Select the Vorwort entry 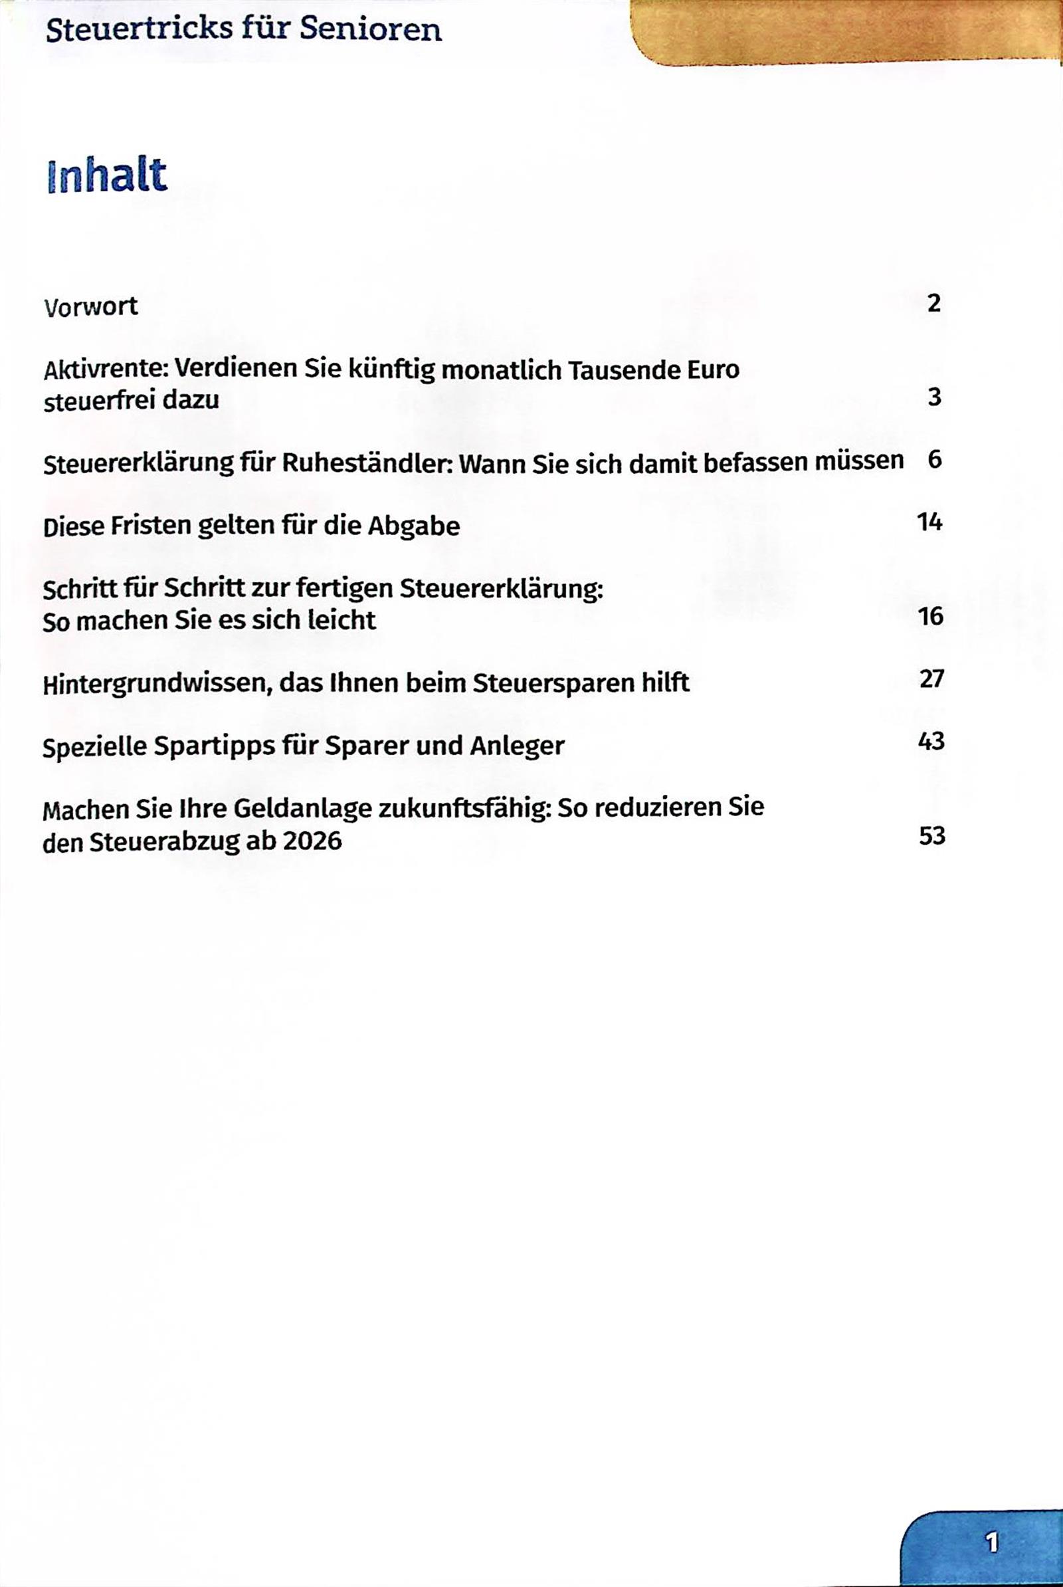91,306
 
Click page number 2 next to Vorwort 934,303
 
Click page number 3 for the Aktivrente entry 935,397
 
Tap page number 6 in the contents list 935,460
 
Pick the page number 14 930,522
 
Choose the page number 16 931,616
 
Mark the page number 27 931,679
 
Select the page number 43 931,741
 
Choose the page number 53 932,835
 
